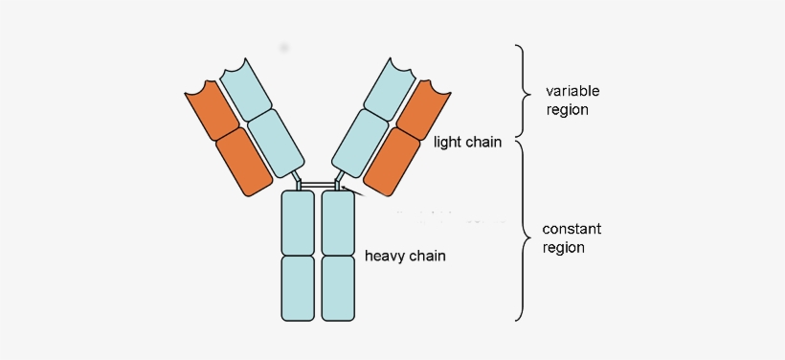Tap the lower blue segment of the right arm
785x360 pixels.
click(x=360, y=142)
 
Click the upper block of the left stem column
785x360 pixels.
click(x=298, y=222)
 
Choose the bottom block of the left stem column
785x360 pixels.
click(x=298, y=287)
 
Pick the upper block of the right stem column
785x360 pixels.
click(x=339, y=222)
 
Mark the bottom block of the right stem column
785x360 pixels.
click(x=339, y=287)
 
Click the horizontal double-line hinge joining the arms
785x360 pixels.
click(x=318, y=183)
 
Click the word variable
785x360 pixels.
click(x=572, y=91)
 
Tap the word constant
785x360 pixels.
click(x=572, y=229)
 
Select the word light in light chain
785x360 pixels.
click(x=447, y=143)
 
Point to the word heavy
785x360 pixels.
click(x=385, y=257)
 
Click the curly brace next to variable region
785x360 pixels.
click(x=523, y=92)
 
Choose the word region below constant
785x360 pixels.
click(x=563, y=247)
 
